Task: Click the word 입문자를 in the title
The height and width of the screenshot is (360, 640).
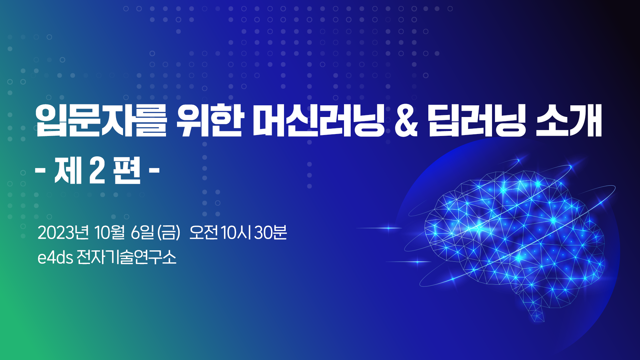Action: tap(101, 120)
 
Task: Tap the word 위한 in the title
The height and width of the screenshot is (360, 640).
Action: tap(209, 120)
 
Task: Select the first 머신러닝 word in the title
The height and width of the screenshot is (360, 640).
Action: tap(319, 120)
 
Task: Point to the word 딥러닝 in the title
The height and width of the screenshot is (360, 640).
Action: tap(477, 120)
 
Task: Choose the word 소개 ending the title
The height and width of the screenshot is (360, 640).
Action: tap(569, 120)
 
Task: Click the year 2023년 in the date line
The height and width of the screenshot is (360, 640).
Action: tap(63, 232)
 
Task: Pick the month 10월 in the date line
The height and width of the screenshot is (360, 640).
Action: tap(110, 232)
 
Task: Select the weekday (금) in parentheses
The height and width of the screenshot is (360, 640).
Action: tap(169, 233)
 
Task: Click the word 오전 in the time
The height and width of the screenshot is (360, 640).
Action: tap(204, 232)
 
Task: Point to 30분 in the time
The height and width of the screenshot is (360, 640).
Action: tap(270, 232)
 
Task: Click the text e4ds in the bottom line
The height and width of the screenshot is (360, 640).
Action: tap(55, 257)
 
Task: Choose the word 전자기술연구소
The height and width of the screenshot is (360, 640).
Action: tap(126, 257)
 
